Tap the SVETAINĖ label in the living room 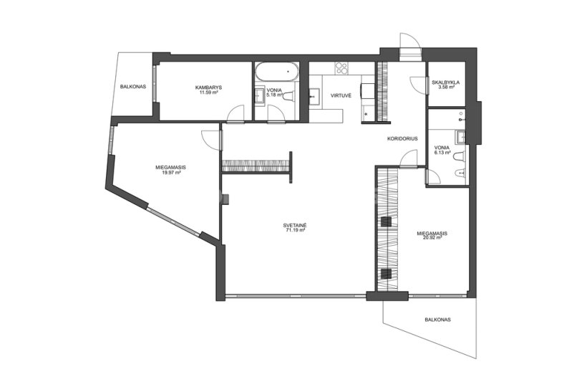tap(295, 226)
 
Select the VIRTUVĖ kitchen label tap(341, 95)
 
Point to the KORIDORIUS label tap(402, 138)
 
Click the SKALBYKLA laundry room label tap(445, 82)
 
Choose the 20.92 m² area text tap(432, 238)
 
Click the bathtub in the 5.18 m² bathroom tap(277, 71)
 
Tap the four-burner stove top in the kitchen tap(341, 68)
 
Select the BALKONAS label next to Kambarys tap(133, 87)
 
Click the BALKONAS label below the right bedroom tap(437, 320)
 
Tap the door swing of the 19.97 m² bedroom tap(210, 140)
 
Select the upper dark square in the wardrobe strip tap(386, 222)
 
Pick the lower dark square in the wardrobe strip tap(386, 274)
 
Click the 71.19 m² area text tap(295, 231)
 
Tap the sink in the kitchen tap(315, 96)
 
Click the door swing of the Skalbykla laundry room tap(419, 84)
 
